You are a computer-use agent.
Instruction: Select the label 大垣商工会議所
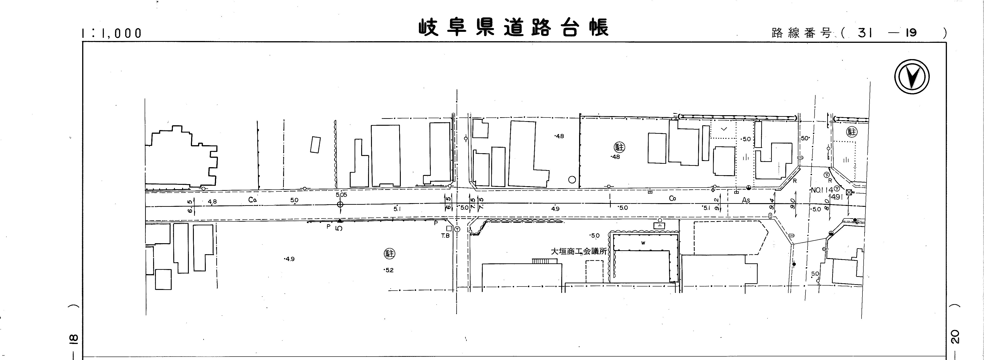tap(578, 251)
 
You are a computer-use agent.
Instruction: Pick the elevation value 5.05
tap(341, 195)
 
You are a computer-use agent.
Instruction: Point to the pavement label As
tap(746, 200)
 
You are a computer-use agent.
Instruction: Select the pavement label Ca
tap(252, 199)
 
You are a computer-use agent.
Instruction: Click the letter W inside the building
tap(643, 243)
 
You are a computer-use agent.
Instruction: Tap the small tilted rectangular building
tap(315, 145)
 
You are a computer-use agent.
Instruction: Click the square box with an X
tap(848, 192)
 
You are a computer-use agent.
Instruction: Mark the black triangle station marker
tap(340, 221)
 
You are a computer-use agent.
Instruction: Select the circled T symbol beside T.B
tap(457, 229)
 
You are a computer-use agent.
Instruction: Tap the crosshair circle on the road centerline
tap(340, 205)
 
